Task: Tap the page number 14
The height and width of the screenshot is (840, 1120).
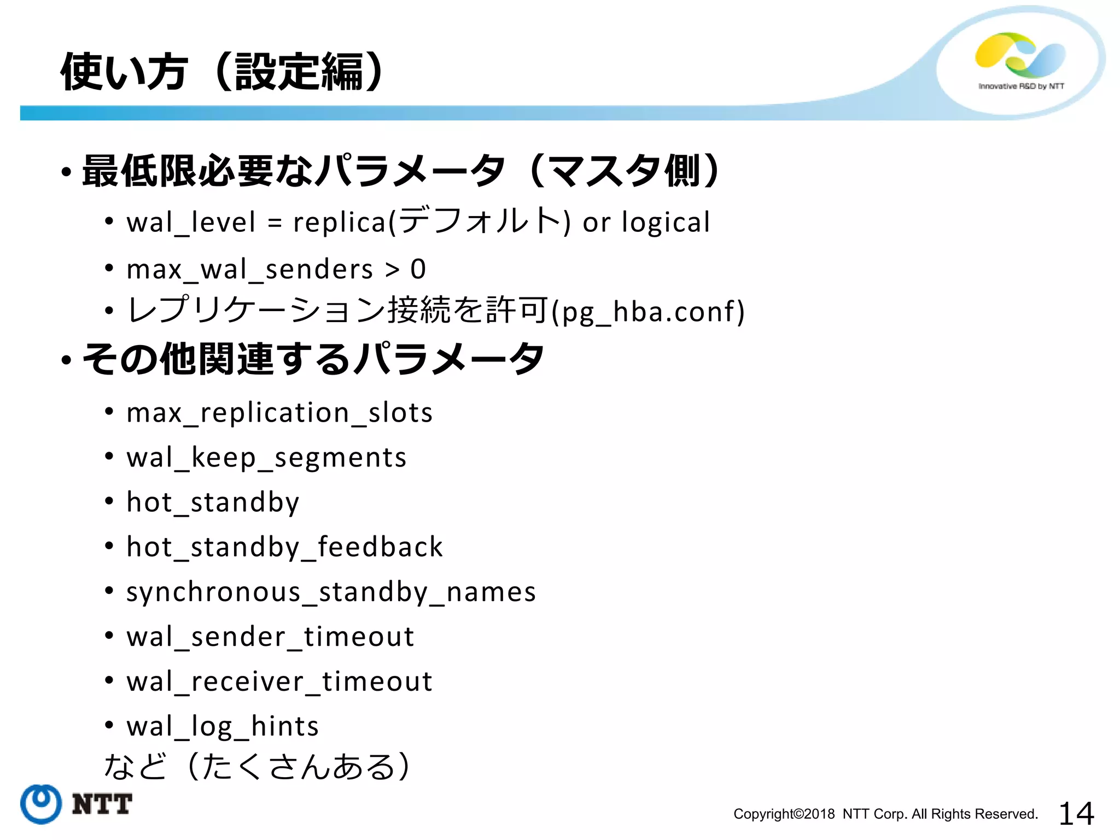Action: tap(1076, 813)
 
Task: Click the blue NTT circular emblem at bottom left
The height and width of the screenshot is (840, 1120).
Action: tap(40, 804)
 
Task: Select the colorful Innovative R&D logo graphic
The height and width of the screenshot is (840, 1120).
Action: tap(1020, 55)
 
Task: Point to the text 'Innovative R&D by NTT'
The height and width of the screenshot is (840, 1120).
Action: tap(1021, 86)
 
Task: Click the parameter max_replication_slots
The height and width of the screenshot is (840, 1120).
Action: tap(279, 413)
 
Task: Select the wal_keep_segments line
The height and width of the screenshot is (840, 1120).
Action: tap(266, 458)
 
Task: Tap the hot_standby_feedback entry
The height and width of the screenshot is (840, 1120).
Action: tap(284, 547)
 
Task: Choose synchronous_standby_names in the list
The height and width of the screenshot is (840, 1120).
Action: tap(331, 592)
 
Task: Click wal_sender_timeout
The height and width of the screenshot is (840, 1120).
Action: tap(270, 637)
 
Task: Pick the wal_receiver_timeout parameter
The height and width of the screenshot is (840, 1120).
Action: tap(279, 682)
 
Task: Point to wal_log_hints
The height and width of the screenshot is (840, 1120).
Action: tap(223, 727)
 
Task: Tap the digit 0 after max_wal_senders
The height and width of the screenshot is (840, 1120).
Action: tap(418, 269)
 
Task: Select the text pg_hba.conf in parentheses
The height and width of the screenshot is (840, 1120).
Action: tap(648, 312)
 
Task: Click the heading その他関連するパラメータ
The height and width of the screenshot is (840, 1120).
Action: tap(313, 359)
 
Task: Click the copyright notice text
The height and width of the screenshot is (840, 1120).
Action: tap(885, 814)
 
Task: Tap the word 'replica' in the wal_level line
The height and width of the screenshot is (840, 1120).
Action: tap(340, 223)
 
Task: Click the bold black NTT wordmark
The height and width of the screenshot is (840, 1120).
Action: tap(102, 804)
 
